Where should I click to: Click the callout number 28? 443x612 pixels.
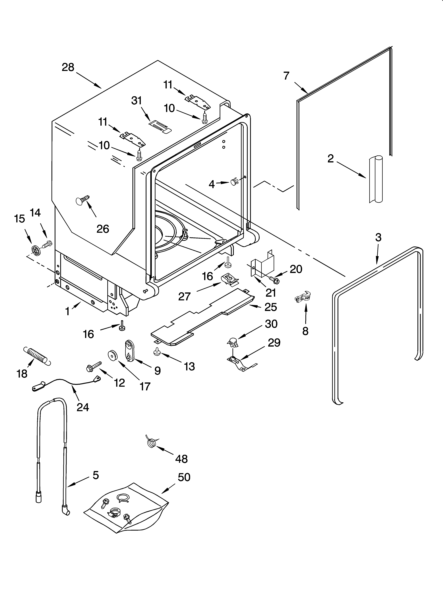(68, 67)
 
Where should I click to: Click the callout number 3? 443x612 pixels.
(378, 237)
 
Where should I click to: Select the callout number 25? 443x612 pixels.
(271, 307)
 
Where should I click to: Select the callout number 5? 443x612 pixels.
(96, 475)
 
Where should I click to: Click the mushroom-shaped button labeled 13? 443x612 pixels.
(156, 352)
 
